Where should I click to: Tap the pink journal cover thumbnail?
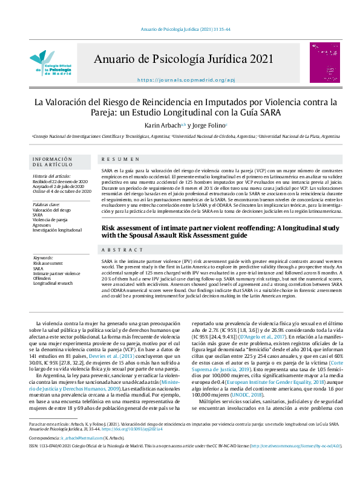(321, 62)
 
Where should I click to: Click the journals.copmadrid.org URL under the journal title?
(177, 80)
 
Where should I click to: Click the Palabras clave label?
(47, 204)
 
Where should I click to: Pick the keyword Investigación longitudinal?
(57, 230)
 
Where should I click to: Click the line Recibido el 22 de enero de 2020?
(61, 181)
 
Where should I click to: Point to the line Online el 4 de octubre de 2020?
(62, 191)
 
